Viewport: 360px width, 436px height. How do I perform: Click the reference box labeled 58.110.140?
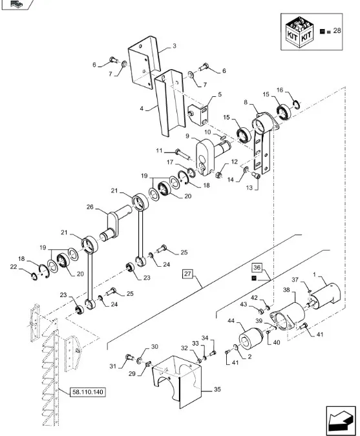tap(88, 392)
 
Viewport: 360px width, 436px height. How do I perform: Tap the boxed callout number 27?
tap(188, 274)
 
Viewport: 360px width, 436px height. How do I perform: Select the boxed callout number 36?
tap(257, 267)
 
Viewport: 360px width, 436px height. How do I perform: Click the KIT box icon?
tap(300, 32)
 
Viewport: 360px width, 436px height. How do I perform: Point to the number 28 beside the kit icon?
tap(337, 30)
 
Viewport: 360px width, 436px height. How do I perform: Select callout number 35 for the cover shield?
tap(217, 389)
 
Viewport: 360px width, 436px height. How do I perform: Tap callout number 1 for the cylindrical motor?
tap(314, 275)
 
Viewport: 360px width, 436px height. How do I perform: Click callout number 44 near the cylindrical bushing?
tap(231, 321)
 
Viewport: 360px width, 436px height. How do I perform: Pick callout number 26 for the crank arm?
tap(90, 207)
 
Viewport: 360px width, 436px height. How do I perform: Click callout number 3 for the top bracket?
tap(175, 46)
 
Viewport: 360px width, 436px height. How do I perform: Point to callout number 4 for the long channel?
tap(142, 109)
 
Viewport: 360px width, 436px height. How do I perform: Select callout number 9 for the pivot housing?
tap(187, 136)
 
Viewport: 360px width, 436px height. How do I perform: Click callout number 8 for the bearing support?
tap(246, 102)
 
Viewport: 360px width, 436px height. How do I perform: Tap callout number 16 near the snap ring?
tap(280, 90)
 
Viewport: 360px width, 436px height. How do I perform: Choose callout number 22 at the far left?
tap(14, 267)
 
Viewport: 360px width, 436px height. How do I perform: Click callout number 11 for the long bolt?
tap(159, 151)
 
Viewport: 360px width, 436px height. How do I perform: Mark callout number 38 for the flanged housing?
tap(286, 290)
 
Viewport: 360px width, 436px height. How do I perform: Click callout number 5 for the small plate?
tap(220, 94)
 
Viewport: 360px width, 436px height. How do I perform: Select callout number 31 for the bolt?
tap(112, 366)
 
